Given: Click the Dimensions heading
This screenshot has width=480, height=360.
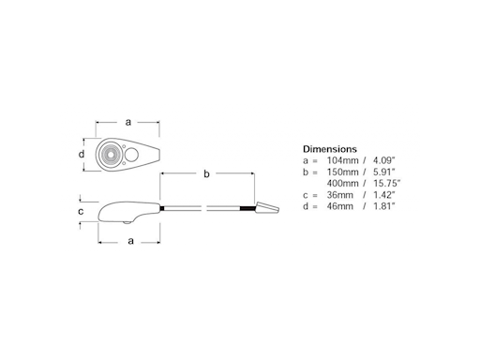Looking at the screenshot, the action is (330, 149).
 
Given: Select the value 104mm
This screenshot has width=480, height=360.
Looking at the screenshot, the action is (342, 160).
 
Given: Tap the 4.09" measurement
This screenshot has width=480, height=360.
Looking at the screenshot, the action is (384, 160).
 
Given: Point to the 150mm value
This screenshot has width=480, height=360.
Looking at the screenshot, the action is (342, 172).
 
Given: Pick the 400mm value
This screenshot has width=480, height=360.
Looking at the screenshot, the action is (342, 183).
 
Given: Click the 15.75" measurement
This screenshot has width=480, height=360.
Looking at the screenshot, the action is (387, 183).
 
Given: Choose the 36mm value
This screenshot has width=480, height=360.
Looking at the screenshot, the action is (340, 195).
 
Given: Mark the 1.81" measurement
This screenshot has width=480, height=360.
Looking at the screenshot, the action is (384, 206).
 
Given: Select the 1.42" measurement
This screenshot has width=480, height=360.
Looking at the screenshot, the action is (384, 195).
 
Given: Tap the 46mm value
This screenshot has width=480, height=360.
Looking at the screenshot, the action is (340, 206).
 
